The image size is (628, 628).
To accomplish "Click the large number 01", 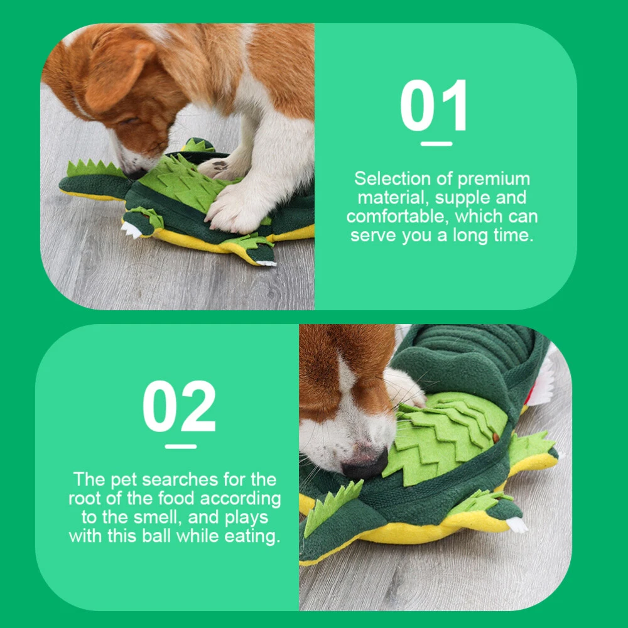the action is pos(434,105).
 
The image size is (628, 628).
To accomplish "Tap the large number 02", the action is pos(179,406).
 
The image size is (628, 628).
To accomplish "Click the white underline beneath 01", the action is pos(436,144).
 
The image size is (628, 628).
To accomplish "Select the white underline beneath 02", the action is pos(181,446).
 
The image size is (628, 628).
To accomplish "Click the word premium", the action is pos(494,179).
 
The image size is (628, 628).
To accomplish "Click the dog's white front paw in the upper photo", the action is pos(232,209).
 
